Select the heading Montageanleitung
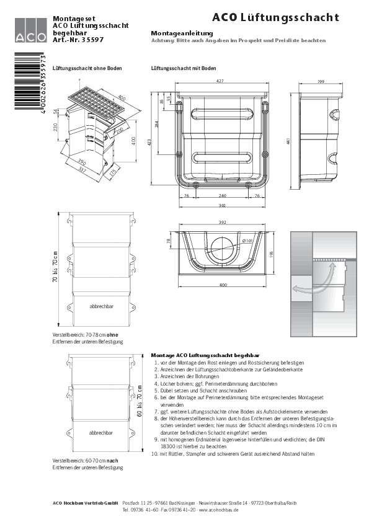pyautogui.click(x=182, y=33)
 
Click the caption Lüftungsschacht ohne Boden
pyautogui.click(x=87, y=68)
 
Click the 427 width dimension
pyautogui.click(x=220, y=81)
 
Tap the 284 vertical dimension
pyautogui.click(x=157, y=123)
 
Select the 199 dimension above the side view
pyautogui.click(x=321, y=81)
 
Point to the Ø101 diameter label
pyautogui.click(x=247, y=242)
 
